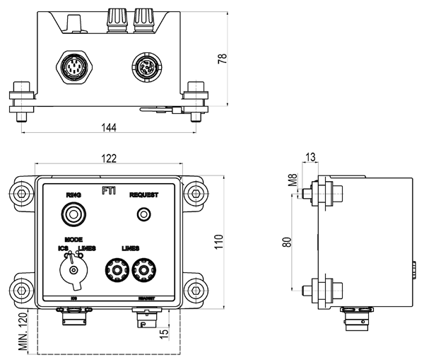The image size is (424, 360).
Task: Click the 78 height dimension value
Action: coord(222,60)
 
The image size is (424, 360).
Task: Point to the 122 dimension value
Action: coord(108,160)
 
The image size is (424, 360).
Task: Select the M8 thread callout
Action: coord(292,182)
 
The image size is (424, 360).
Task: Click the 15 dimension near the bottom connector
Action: coord(165,332)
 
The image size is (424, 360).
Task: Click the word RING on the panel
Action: coord(73,194)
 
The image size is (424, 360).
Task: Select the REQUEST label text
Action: coord(143,194)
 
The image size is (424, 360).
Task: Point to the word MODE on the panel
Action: coord(74,240)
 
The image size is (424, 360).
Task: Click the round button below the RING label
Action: coord(73,213)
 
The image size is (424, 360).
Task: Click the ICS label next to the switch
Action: coord(62,249)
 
